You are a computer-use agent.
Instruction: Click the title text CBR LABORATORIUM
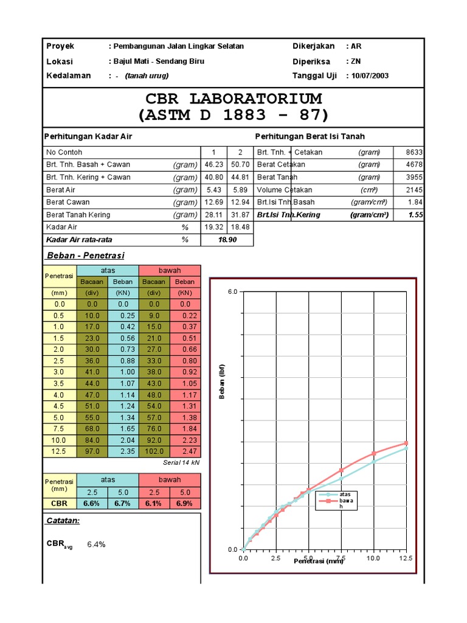233,99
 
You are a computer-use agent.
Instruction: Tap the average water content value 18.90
227,240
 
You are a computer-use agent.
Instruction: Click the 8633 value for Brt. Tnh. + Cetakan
414,152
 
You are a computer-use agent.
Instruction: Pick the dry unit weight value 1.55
416,215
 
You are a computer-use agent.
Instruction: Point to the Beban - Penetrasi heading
86,256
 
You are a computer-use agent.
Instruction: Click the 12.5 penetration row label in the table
59,451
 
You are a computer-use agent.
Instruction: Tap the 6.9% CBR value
185,504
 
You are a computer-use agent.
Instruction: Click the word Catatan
63,521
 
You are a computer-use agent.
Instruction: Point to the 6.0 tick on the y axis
233,292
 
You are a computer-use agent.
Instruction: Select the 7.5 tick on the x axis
341,558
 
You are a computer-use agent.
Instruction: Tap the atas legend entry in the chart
345,494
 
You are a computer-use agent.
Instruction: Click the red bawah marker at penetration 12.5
406,443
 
